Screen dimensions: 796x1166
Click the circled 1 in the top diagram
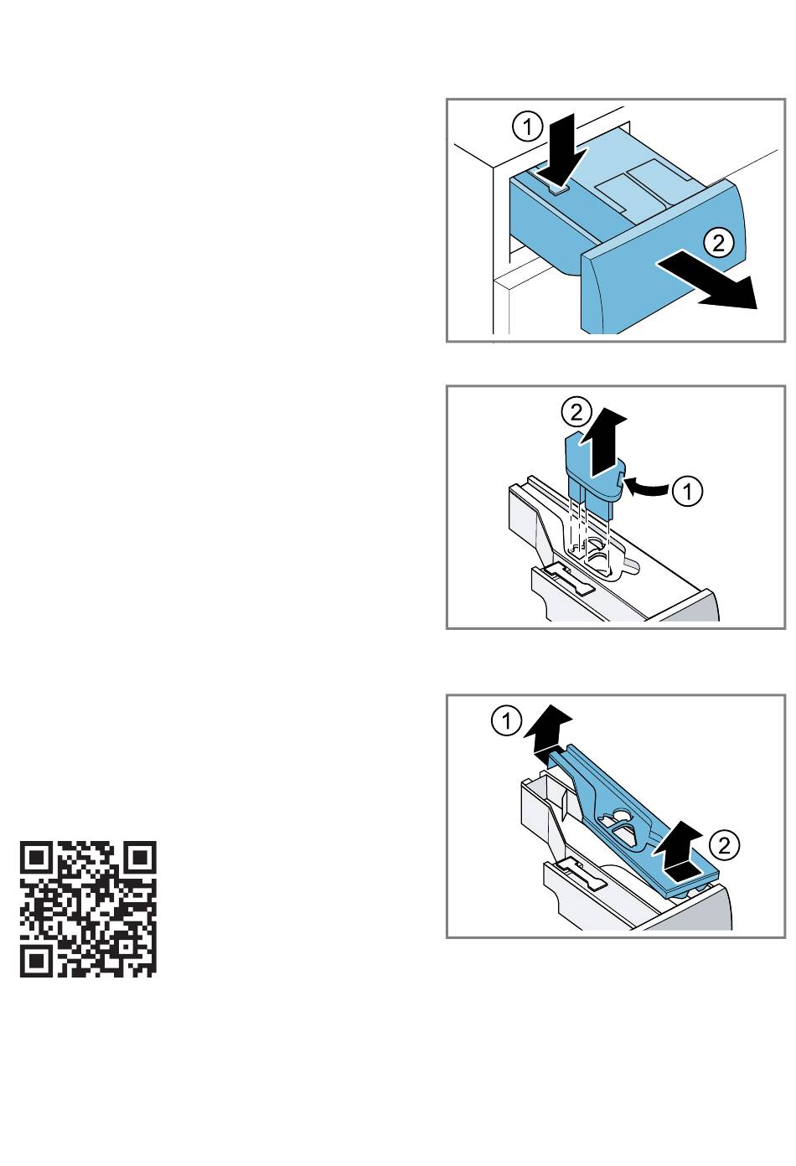click(x=527, y=126)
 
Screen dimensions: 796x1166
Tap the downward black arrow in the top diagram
click(x=566, y=150)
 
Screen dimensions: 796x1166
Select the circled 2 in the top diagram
click(x=718, y=243)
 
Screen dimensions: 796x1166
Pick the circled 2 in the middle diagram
click(x=576, y=412)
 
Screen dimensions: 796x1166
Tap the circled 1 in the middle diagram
click(x=687, y=491)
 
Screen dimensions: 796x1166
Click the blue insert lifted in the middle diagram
click(x=593, y=477)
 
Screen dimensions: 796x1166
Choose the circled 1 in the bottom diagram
click(x=506, y=721)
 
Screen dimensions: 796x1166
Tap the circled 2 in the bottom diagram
click(x=724, y=845)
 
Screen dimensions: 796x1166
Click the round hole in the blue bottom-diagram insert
click(x=622, y=813)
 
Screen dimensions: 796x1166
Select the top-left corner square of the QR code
click(x=36, y=857)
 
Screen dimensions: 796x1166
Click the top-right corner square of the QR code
click(x=141, y=857)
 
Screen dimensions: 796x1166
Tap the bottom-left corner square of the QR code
click(x=36, y=961)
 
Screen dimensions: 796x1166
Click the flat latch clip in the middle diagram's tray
click(x=568, y=580)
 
